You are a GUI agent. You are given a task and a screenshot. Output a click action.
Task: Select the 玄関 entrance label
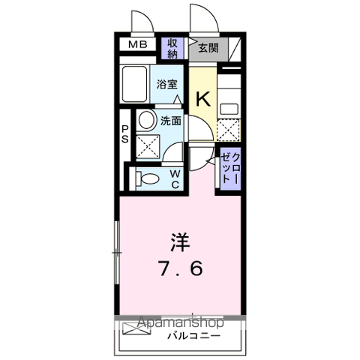[208, 48]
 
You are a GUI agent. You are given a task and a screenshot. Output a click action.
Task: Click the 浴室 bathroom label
[166, 84]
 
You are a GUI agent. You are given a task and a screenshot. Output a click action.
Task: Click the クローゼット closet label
[230, 169]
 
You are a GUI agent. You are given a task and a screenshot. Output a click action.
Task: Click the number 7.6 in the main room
[178, 267]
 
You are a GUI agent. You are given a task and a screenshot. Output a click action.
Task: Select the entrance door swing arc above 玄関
[202, 19]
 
